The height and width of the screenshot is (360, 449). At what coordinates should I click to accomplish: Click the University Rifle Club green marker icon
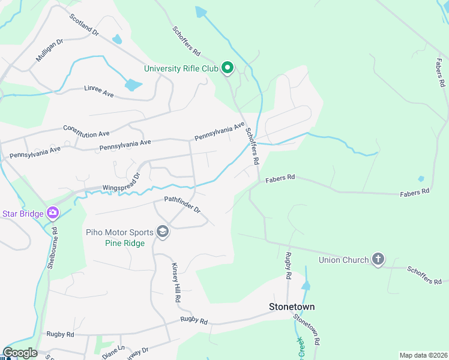click(x=228, y=68)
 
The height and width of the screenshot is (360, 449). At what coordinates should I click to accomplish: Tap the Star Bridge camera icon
click(x=53, y=212)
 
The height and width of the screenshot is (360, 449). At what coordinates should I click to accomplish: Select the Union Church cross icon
click(x=378, y=259)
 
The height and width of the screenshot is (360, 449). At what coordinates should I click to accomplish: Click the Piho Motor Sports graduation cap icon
click(x=162, y=232)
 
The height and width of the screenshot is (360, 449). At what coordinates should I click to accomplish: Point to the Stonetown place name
click(x=291, y=307)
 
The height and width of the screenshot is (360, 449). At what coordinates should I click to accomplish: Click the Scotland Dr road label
click(x=83, y=24)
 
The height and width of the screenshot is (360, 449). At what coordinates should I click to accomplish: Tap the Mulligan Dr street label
click(x=49, y=51)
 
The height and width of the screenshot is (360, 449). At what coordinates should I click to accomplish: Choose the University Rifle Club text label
click(x=181, y=68)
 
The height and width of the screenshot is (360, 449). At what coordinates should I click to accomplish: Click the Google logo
click(x=20, y=353)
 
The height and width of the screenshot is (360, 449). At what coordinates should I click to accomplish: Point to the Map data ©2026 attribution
click(x=423, y=355)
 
